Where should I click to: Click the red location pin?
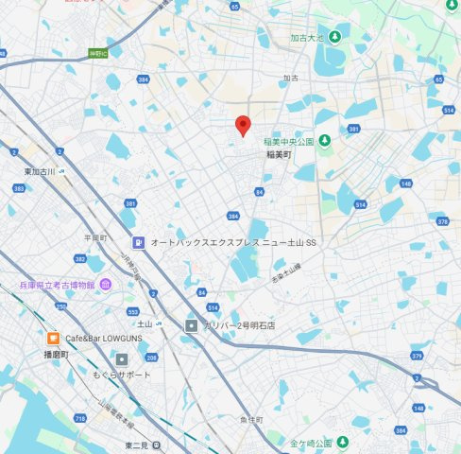click(x=243, y=125)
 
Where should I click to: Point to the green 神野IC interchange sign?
click(x=97, y=53)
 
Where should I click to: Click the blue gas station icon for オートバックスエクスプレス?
click(x=138, y=242)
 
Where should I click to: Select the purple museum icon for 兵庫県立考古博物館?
click(x=106, y=284)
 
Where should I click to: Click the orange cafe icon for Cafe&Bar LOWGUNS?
click(x=54, y=338)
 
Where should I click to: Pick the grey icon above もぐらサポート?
click(x=122, y=359)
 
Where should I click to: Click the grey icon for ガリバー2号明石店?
click(x=192, y=325)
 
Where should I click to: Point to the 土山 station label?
click(x=145, y=323)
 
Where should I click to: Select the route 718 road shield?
click(x=76, y=416)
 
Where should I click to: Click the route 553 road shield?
click(x=133, y=311)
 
